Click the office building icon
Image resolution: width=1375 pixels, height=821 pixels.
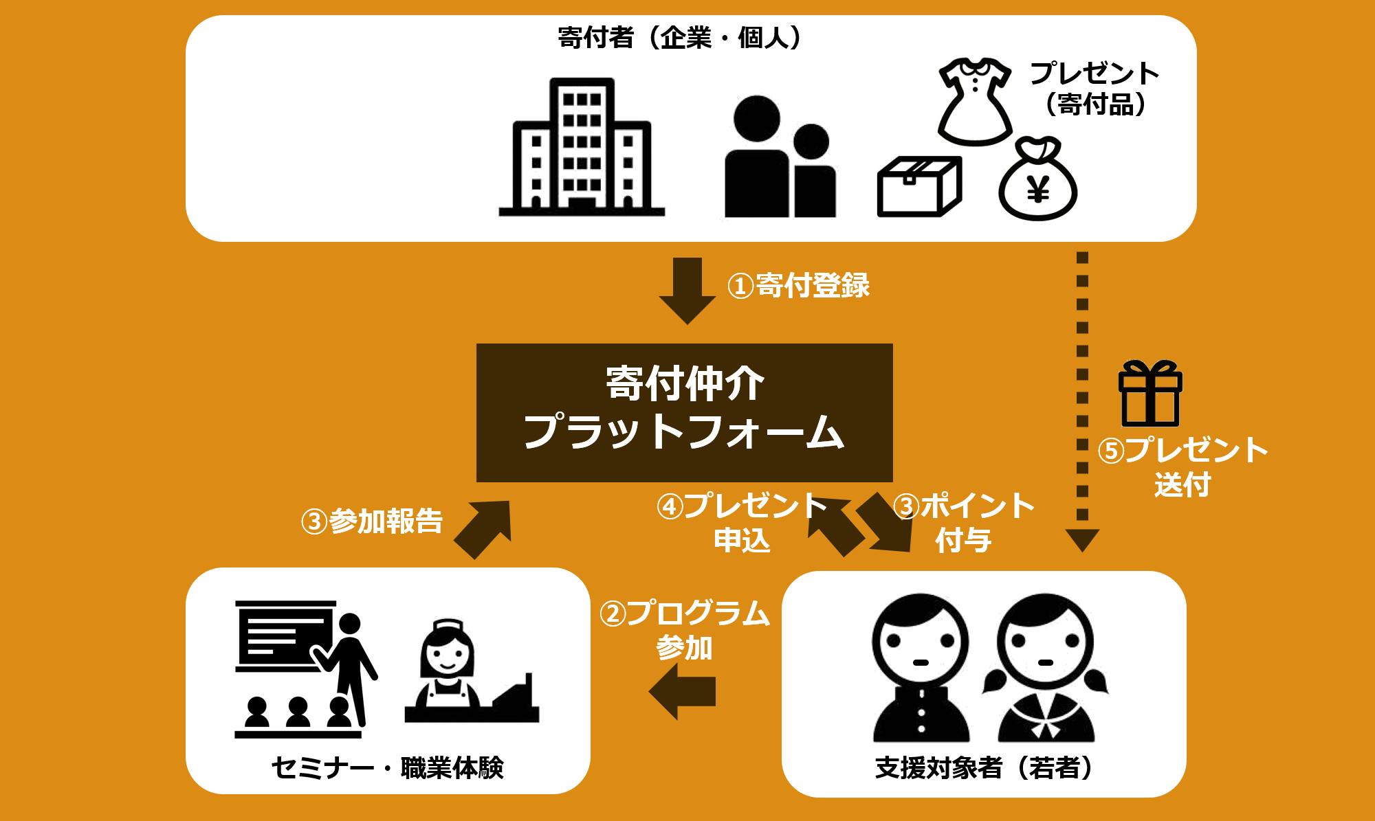582,148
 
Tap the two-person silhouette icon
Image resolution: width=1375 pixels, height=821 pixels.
780,158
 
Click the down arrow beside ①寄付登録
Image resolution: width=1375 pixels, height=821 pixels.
687,290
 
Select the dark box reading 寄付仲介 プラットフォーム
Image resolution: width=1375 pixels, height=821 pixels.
684,412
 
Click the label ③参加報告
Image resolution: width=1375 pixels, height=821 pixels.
372,521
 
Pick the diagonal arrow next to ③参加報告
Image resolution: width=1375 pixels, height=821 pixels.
485,527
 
